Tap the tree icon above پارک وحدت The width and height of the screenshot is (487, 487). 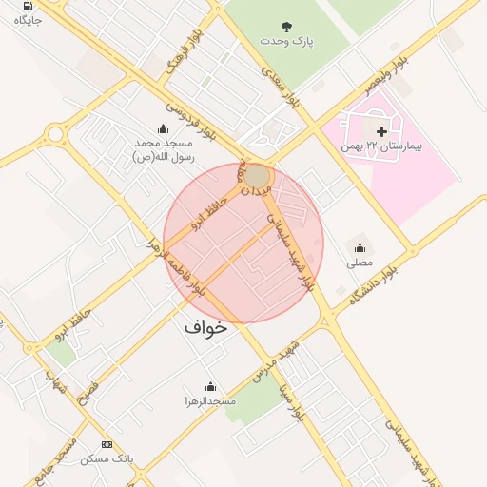[286, 26]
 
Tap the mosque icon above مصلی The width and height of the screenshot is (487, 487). [359, 246]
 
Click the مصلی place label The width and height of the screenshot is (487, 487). [359, 262]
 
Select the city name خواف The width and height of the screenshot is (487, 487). [205, 326]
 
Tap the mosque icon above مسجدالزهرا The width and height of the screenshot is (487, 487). [210, 386]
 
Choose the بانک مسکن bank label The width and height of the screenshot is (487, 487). [107, 458]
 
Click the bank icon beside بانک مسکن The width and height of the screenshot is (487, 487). [107, 444]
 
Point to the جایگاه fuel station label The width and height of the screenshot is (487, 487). [28, 20]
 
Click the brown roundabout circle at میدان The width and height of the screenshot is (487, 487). [258, 177]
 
